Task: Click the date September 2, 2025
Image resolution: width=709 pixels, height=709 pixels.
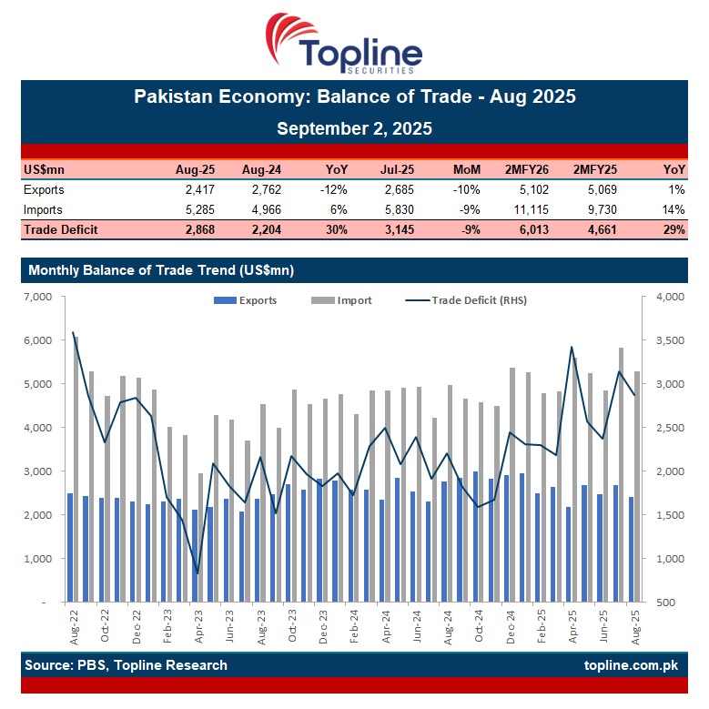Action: (x=354, y=128)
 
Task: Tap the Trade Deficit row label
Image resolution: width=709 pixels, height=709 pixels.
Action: (x=61, y=229)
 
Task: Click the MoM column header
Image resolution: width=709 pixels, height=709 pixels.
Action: (x=467, y=169)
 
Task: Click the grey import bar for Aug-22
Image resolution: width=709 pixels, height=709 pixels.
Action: (x=76, y=469)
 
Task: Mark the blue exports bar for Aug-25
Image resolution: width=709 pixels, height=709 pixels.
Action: (x=631, y=549)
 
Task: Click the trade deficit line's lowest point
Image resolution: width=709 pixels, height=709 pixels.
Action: (x=198, y=573)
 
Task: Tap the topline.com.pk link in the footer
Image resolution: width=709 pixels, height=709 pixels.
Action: (x=631, y=665)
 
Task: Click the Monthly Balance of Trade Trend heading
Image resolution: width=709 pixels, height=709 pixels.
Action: (x=161, y=270)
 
